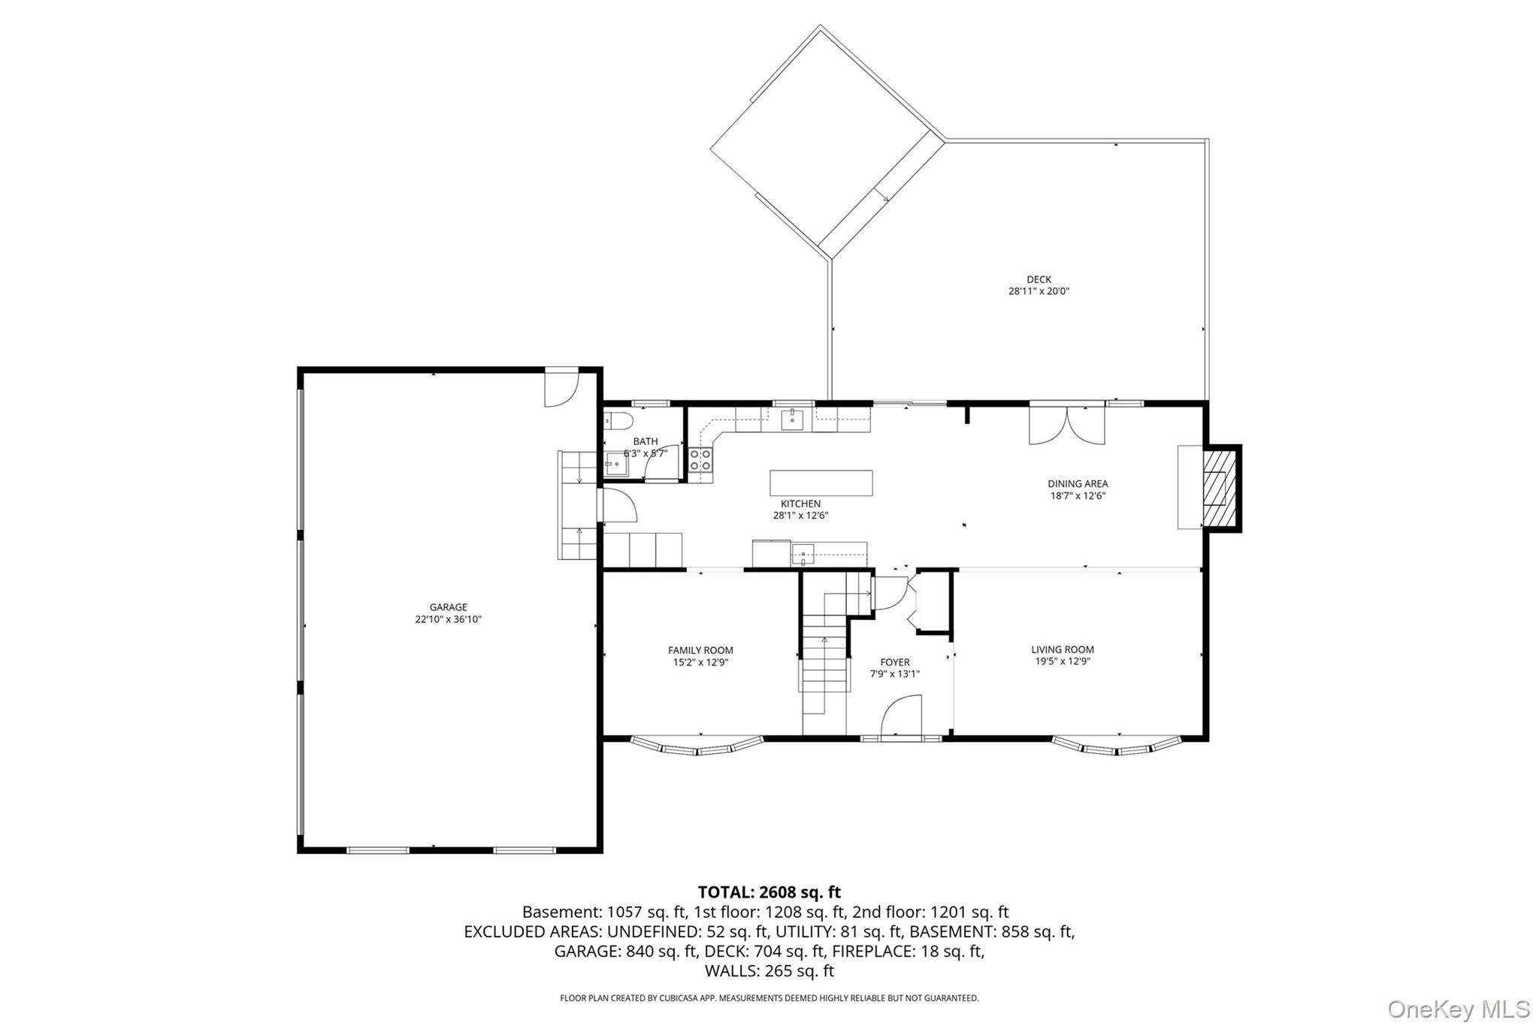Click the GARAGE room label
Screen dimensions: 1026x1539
tap(448, 607)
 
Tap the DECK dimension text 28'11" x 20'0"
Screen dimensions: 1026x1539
tap(1039, 292)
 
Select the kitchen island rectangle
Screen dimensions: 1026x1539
tap(821, 483)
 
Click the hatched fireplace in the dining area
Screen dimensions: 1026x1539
tap(1219, 489)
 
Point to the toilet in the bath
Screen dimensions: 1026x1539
tap(618, 419)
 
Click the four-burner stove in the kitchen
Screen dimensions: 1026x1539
tap(700, 459)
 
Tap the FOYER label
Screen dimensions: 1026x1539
tap(894, 662)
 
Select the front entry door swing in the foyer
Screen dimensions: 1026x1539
tap(902, 716)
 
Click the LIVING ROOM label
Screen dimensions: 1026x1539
tap(1062, 649)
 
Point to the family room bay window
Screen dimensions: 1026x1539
tap(697, 747)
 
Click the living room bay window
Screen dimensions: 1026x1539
tap(1117, 747)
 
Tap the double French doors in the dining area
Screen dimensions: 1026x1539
tap(1066, 425)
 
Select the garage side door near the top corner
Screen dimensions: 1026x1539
tap(561, 388)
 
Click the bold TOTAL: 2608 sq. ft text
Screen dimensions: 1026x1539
tap(769, 892)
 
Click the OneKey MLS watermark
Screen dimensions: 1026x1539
tap(1458, 1008)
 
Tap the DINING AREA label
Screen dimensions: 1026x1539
tap(1078, 484)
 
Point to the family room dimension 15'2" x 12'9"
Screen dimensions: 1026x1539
tap(700, 663)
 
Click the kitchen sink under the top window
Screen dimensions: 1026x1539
tap(793, 419)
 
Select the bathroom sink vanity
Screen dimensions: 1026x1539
tap(617, 465)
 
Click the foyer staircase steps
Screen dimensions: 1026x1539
tap(824, 661)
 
